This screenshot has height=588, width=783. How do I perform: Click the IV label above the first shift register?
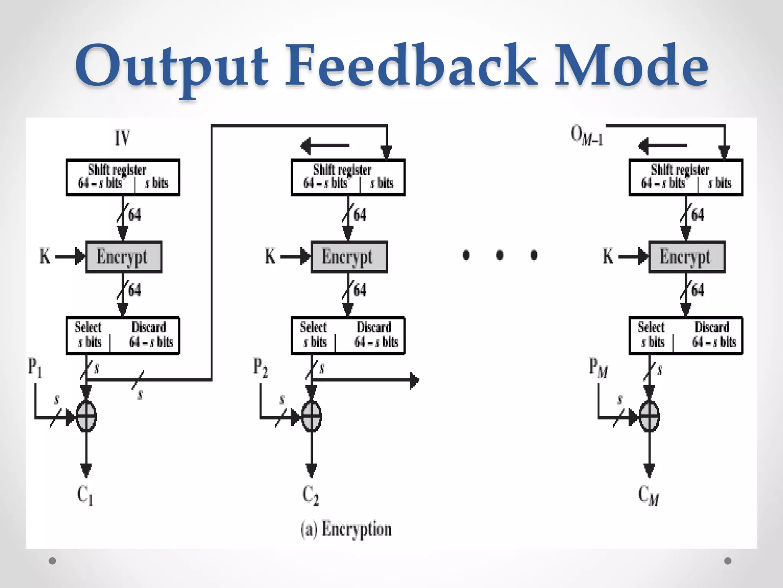(123, 138)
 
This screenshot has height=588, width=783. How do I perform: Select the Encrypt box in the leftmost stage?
(124, 257)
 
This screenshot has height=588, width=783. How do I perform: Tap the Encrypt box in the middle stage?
(349, 257)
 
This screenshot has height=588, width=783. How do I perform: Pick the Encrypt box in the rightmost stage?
(687, 257)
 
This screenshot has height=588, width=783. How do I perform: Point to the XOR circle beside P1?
(86, 416)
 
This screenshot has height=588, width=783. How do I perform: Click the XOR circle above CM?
(649, 416)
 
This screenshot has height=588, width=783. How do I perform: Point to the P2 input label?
(260, 367)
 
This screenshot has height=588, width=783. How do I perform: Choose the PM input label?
(598, 367)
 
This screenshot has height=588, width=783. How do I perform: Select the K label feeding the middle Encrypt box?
(270, 256)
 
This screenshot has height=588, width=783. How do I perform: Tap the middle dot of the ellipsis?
(500, 255)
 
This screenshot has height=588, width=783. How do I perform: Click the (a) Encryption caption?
(346, 529)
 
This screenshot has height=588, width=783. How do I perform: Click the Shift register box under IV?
(123, 178)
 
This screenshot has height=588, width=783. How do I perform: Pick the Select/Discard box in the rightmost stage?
(686, 335)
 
